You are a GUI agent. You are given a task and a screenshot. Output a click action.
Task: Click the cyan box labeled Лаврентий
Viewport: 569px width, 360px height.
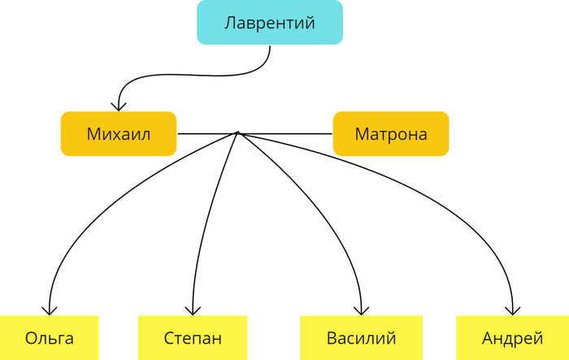pyautogui.click(x=269, y=23)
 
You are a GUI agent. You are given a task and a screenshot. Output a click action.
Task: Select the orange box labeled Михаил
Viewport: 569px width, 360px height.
pyautogui.click(x=119, y=133)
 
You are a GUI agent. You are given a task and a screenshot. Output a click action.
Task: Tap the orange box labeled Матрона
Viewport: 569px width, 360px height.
pyautogui.click(x=390, y=133)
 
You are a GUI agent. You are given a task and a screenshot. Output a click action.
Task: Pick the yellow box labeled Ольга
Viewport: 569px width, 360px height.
pyautogui.click(x=49, y=337)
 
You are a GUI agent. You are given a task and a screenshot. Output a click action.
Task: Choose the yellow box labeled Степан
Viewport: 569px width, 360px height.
pyautogui.click(x=192, y=337)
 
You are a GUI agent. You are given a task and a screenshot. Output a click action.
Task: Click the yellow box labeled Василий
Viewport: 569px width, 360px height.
pyautogui.click(x=361, y=337)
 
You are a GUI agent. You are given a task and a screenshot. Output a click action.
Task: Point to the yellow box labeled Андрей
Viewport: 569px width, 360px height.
pyautogui.click(x=512, y=337)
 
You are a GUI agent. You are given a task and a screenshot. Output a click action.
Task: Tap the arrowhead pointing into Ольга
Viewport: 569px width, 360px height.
pyautogui.click(x=50, y=310)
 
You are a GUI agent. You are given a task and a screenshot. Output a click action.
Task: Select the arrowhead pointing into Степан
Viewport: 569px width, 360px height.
pyautogui.click(x=192, y=310)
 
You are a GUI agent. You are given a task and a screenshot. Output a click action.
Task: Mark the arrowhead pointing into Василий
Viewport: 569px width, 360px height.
pyautogui.click(x=363, y=310)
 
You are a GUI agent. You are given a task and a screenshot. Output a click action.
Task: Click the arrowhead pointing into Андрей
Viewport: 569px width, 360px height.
pyautogui.click(x=513, y=310)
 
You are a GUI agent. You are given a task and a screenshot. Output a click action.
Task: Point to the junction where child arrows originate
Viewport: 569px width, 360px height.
pyautogui.click(x=237, y=132)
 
